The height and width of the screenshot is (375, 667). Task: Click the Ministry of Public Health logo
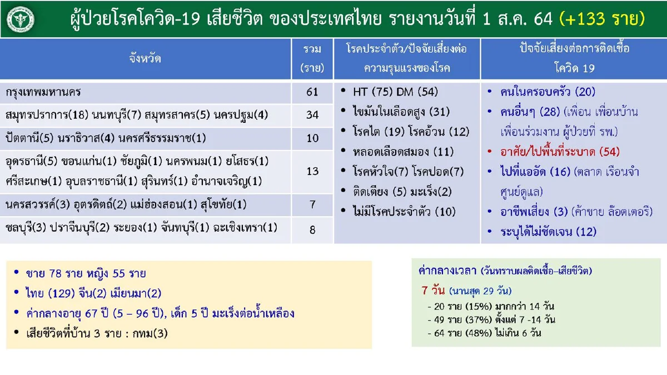point(20,19)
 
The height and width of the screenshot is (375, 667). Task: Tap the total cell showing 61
point(312,92)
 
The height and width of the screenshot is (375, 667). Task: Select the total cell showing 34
point(312,115)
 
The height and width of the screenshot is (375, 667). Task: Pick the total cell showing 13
point(312,172)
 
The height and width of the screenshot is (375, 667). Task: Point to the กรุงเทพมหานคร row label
point(45,92)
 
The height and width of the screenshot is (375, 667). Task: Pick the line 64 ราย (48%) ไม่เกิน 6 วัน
point(484,333)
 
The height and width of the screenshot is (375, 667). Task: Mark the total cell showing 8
point(312,229)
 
